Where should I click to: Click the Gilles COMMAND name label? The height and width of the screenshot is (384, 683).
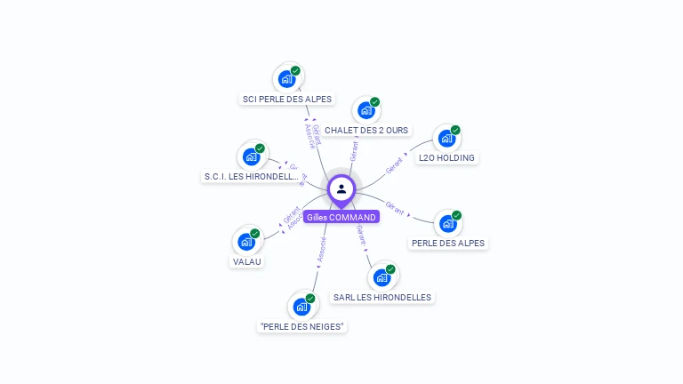[341, 217]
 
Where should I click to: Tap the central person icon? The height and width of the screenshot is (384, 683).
[341, 188]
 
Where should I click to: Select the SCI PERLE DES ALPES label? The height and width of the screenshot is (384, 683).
[287, 99]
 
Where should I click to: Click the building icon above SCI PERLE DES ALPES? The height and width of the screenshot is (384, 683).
[287, 78]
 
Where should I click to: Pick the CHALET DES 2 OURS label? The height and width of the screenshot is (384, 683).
[366, 130]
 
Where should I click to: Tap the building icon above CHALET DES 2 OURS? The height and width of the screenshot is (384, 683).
[366, 110]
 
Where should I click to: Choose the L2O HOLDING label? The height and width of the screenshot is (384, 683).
[446, 158]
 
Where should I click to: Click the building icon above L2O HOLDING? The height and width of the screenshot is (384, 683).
[446, 139]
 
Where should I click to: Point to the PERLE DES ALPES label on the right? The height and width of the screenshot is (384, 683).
[449, 243]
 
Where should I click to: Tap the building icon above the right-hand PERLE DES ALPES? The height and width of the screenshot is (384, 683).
[447, 223]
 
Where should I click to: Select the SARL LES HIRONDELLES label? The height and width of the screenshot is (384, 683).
[382, 297]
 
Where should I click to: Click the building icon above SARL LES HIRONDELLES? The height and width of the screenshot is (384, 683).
[382, 276]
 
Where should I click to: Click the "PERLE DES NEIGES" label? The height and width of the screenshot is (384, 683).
[302, 326]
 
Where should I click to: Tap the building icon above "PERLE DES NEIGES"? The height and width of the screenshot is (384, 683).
[301, 307]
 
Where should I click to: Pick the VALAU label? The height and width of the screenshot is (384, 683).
[247, 261]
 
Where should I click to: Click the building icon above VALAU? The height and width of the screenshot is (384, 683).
[246, 242]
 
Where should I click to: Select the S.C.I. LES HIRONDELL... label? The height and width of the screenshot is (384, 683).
[253, 176]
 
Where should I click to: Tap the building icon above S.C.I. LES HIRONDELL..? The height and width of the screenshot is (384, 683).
[252, 156]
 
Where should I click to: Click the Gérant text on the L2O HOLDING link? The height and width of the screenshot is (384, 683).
[395, 164]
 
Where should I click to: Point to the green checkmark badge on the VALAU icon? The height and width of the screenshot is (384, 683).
[255, 234]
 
